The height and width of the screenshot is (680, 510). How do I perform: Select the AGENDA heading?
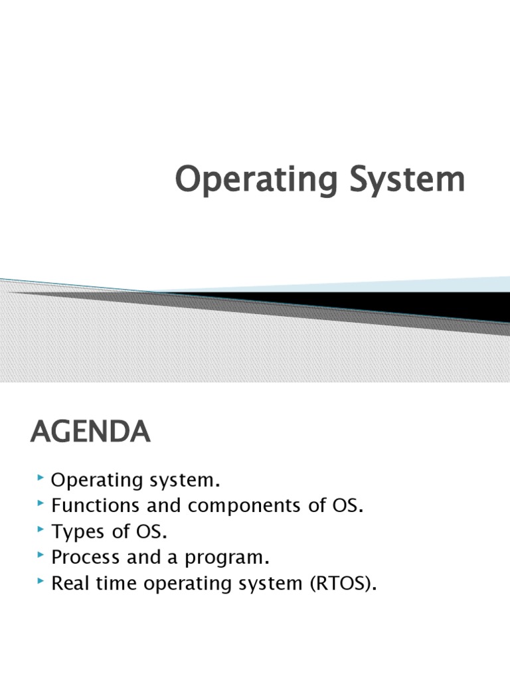click(90, 434)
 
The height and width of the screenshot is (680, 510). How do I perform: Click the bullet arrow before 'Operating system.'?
click(41, 478)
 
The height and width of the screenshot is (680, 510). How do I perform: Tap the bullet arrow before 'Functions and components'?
click(41, 505)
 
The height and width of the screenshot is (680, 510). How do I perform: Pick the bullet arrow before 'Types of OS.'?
click(41, 531)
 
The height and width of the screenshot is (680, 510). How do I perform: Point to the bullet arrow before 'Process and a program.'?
click(41, 556)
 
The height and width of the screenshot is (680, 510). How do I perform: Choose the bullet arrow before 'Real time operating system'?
click(41, 582)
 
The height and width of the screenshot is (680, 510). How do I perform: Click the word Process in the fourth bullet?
click(82, 558)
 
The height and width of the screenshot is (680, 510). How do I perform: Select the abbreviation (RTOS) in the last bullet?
click(337, 584)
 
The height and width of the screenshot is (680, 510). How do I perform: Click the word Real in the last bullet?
click(68, 584)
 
